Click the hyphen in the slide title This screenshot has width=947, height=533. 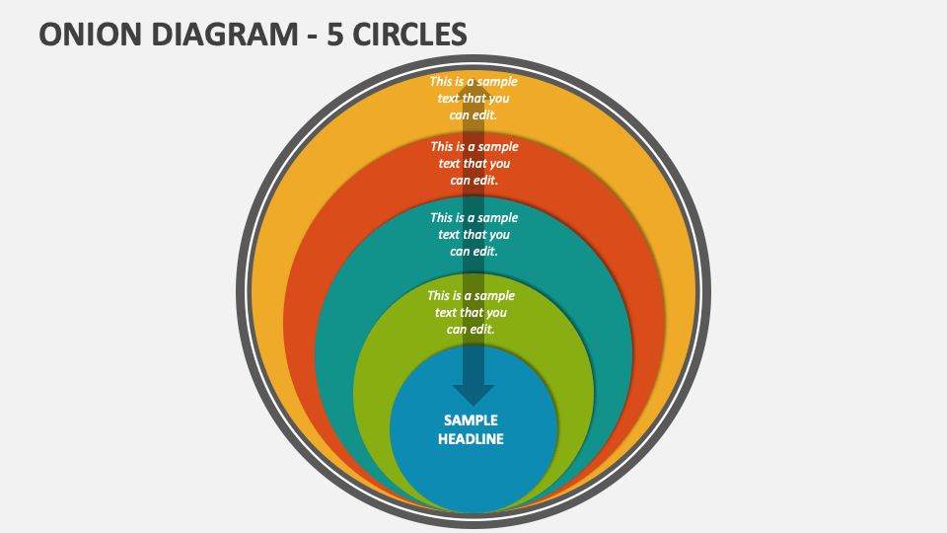tap(305, 36)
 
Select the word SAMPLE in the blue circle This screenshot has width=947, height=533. tap(471, 419)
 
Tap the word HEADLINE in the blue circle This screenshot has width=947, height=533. tap(471, 439)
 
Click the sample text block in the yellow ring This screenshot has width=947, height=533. tap(473, 98)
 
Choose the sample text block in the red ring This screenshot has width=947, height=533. tap(474, 163)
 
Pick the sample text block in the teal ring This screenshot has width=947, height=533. tap(473, 234)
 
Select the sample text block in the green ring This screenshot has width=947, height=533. tap(471, 312)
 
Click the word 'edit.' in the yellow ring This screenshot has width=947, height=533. tap(485, 114)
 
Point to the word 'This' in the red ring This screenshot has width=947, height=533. tap(443, 146)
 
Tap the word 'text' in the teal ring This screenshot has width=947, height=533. tap(450, 235)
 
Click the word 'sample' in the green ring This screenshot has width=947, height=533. tap(494, 296)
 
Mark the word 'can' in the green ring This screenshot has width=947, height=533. tap(458, 329)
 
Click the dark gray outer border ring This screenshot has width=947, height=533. tap(242, 296)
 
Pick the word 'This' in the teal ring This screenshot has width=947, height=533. tap(443, 218)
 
